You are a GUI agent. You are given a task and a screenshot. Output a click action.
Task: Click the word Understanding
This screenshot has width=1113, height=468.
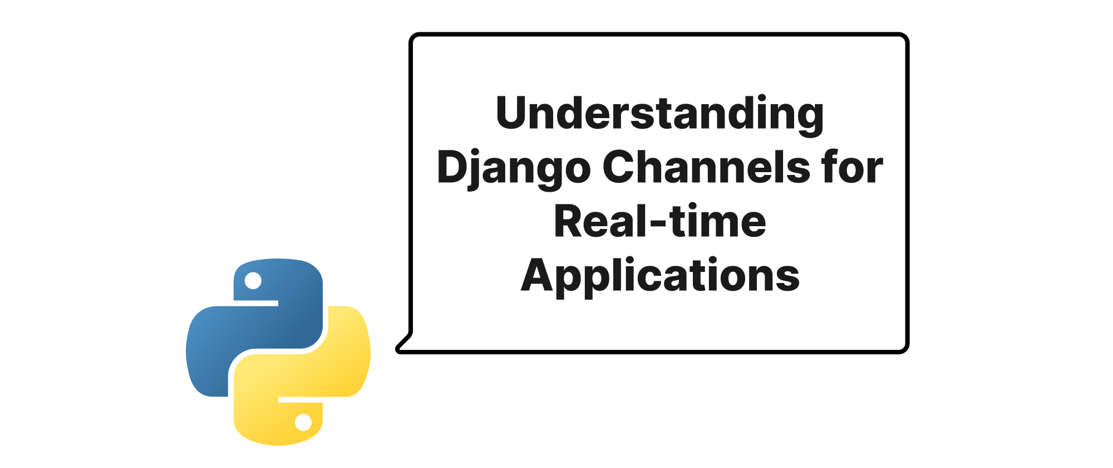coord(659,115)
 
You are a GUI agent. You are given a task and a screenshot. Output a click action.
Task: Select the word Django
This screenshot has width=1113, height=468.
coord(514,169)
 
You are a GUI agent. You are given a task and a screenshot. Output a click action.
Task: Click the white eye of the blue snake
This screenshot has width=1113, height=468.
coord(253,280)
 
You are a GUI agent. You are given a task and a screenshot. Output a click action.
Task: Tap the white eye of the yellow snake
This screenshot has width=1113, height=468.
coord(303,422)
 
